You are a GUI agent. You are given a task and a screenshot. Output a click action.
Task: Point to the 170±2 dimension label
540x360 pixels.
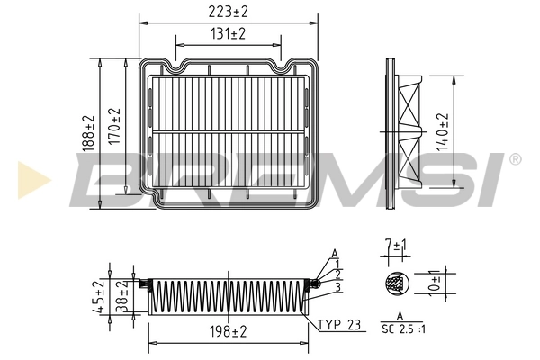point(114,126)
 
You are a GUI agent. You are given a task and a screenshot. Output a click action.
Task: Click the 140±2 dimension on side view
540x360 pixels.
point(441,130)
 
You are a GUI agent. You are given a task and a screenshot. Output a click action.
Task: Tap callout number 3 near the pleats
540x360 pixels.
point(337,288)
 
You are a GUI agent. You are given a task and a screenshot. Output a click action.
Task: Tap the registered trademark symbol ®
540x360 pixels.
point(515,159)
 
